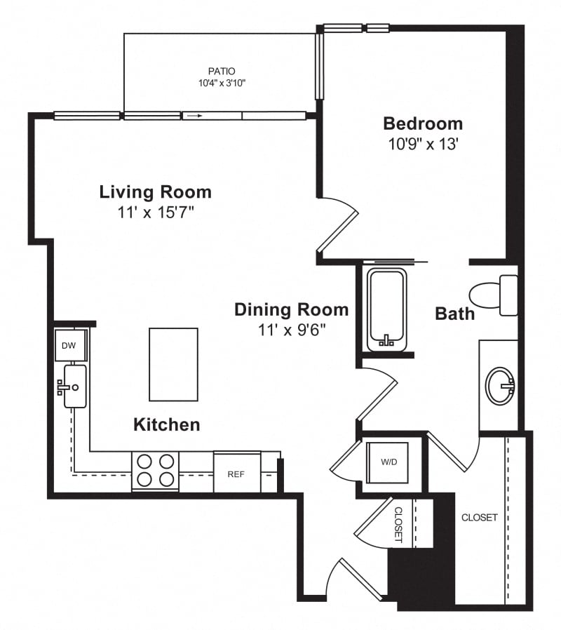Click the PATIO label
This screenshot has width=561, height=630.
point(222,71)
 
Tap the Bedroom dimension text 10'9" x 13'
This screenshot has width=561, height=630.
point(423,143)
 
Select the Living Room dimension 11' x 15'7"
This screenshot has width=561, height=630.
point(156,212)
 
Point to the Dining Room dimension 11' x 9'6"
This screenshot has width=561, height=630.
point(291,330)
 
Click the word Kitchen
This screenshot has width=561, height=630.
point(167,424)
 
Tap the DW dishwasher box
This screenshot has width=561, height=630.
point(70,345)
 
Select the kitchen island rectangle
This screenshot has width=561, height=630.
point(173,364)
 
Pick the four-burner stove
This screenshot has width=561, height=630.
point(156,471)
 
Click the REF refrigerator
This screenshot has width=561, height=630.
point(237,473)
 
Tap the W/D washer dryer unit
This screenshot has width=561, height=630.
point(388,462)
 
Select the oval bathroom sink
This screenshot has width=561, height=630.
point(500,386)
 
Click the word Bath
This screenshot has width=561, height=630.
point(455,314)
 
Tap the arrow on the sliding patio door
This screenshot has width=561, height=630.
point(195,116)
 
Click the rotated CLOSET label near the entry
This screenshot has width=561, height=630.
point(398,524)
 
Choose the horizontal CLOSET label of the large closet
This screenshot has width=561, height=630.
point(480,518)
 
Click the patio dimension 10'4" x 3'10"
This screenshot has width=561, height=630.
point(222,83)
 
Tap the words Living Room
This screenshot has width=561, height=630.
point(156,192)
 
